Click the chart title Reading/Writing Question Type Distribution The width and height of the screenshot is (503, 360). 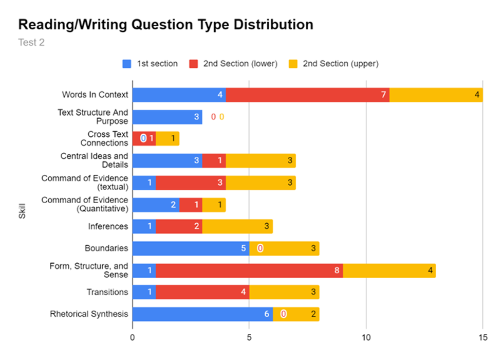pos(165,25)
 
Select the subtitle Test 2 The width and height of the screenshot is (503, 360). pos(31,43)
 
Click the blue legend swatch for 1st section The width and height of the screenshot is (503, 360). pos(127,64)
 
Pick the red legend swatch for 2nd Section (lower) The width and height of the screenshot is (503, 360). pos(193,64)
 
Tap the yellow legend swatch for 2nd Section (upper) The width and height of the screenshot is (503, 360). pos(293,64)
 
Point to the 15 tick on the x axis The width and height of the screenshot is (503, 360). pos(482,338)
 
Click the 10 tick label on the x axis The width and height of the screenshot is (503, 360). pos(366,338)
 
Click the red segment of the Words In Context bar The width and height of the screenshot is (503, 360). pos(307,95)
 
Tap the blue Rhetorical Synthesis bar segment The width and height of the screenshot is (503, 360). pos(202,314)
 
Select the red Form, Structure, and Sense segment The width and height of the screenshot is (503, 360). pos(249,271)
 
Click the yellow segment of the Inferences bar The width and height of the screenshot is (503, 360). pos(237,226)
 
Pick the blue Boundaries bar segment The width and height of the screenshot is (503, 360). pos(191,248)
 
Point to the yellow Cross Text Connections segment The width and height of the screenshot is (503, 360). pos(167,138)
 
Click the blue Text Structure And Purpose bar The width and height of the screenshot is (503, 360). pos(167,117)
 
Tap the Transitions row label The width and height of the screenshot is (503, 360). pos(107,292)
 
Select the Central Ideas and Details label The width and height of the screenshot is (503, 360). pos(94,160)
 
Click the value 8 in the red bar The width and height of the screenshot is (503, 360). pos(337,271)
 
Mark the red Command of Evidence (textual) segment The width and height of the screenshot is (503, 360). pos(191,183)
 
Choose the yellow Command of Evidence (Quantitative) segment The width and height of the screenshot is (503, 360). pos(214,205)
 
